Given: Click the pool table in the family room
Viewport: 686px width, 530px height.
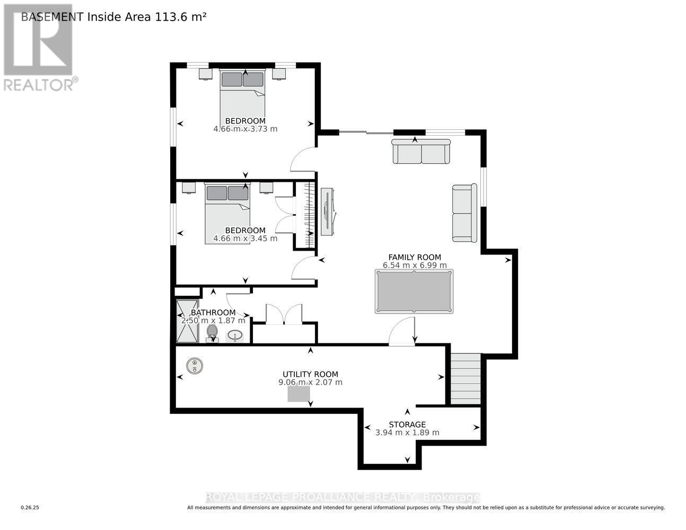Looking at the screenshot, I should (414, 291).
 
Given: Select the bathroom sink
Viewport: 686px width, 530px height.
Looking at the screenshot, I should (235, 335).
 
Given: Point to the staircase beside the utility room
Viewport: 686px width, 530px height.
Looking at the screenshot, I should (465, 378).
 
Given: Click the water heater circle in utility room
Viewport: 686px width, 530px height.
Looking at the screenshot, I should (195, 365).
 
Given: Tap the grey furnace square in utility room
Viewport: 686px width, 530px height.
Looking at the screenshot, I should (298, 393).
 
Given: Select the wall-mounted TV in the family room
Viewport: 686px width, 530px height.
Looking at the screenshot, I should (328, 210).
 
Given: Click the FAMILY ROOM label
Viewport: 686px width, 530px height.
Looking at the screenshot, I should (415, 258).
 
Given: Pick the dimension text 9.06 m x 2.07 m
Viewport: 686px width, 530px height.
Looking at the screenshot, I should (310, 382).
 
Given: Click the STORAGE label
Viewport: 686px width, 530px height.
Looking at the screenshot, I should (407, 425).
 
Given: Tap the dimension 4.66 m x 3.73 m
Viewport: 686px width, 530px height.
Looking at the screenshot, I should (245, 129).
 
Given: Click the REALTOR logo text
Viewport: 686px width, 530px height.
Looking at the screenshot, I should (39, 84).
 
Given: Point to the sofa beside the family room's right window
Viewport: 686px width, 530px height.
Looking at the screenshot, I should (464, 213).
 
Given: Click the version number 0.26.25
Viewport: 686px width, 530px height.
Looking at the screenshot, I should (30, 508).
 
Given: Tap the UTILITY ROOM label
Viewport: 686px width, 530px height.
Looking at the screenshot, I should (310, 374).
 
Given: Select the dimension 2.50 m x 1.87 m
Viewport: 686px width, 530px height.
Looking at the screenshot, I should (213, 321).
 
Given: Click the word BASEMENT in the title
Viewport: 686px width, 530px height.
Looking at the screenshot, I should (52, 16).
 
